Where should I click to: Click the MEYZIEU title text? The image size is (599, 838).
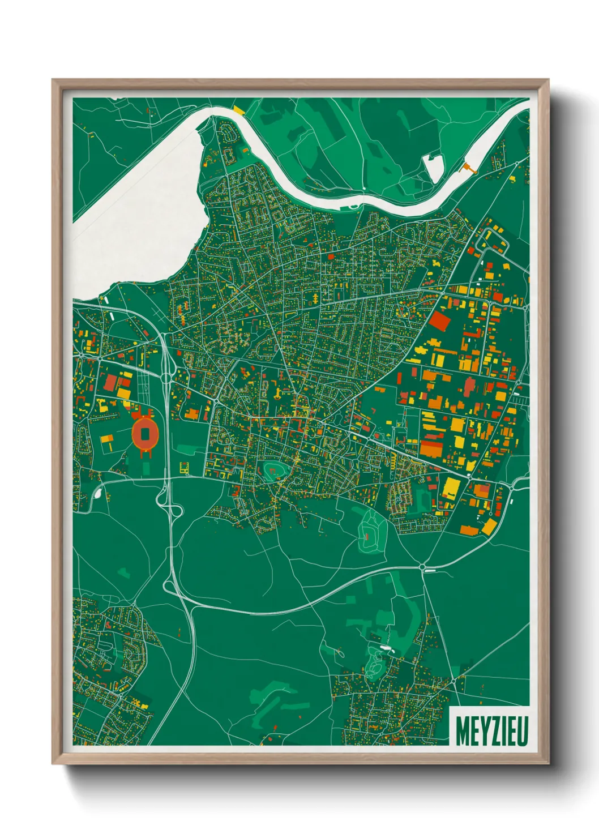click(491, 731)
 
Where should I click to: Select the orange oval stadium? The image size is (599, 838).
click(145, 434)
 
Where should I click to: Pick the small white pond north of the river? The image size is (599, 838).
click(433, 166)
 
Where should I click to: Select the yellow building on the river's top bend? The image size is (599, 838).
click(238, 108)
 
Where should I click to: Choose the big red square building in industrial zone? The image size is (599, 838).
click(440, 322)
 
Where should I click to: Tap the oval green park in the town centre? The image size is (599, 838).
click(272, 470)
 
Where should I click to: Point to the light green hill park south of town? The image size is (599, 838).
click(371, 531)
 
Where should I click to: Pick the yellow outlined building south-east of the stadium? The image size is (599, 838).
click(183, 468)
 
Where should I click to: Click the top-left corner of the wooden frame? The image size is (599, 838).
click(53, 80)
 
